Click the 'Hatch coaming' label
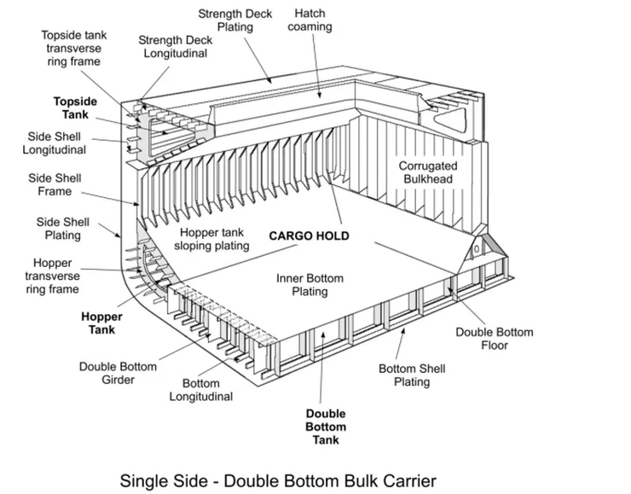tap(310, 20)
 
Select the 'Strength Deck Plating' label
tap(235, 20)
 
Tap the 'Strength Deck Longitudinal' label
tap(176, 47)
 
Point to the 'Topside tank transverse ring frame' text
tap(74, 49)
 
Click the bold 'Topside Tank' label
tap(75, 108)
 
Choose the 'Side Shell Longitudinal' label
tap(55, 143)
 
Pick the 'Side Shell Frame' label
tap(55, 185)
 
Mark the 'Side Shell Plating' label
tap(63, 229)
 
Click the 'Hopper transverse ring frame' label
tap(52, 276)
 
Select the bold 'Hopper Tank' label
tap(101, 323)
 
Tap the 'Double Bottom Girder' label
tap(118, 373)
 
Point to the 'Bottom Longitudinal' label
tap(200, 390)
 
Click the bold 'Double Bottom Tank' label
tap(326, 427)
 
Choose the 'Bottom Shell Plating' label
tap(412, 375)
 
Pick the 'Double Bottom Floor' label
tap(495, 339)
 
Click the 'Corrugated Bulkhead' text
tap(428, 172)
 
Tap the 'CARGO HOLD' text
tap(309, 236)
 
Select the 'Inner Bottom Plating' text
tap(310, 285)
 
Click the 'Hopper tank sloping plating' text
tap(211, 239)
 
